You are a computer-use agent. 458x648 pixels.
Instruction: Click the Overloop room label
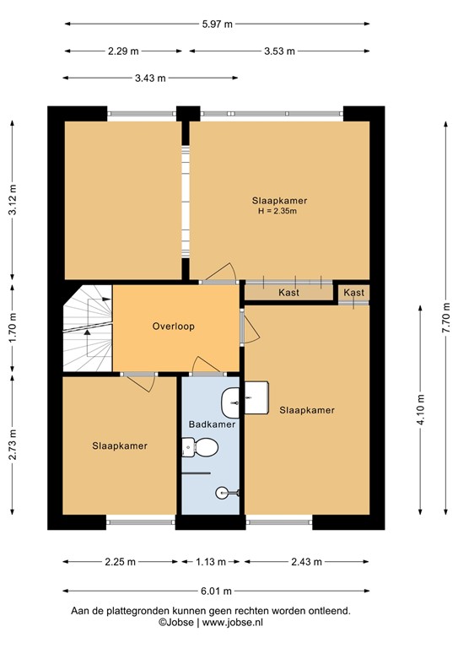click(x=174, y=326)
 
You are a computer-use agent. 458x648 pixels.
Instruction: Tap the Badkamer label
click(x=212, y=424)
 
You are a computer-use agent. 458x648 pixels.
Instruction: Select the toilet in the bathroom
click(x=189, y=449)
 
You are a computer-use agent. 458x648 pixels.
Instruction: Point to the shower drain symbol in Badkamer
click(x=222, y=492)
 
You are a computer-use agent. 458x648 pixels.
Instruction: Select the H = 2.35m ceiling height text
click(x=278, y=212)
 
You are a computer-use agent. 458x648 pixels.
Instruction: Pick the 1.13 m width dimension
click(x=211, y=561)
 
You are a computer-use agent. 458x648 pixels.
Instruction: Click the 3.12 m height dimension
click(x=13, y=200)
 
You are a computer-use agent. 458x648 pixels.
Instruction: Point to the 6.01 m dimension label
click(x=216, y=591)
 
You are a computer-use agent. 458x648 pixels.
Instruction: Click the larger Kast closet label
click(x=289, y=293)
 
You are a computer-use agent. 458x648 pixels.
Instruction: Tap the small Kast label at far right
click(x=354, y=293)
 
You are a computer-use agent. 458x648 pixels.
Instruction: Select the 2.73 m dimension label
click(x=13, y=445)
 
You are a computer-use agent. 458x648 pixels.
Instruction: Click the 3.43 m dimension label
click(x=150, y=78)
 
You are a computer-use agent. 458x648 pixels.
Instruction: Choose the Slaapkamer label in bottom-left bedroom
click(x=120, y=446)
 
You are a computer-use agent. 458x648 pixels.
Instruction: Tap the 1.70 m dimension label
click(x=13, y=329)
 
